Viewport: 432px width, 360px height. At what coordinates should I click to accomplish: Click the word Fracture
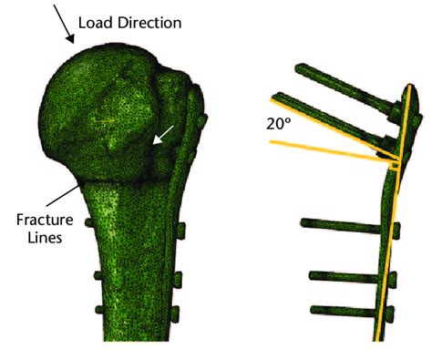pyautogui.click(x=43, y=220)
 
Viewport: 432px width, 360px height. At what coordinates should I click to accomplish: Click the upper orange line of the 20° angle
pyautogui.click(x=328, y=122)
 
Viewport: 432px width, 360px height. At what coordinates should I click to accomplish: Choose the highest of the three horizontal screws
pyautogui.click(x=342, y=222)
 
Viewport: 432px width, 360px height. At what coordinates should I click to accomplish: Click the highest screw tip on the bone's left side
pyautogui.click(x=89, y=222)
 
